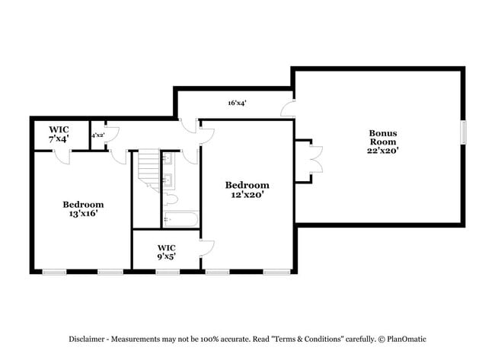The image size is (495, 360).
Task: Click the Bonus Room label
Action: pos(382,142)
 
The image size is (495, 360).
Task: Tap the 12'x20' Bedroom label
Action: pos(247,190)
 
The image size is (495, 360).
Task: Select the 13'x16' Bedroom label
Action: pos(83,209)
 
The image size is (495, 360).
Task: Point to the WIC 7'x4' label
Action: pos(59,134)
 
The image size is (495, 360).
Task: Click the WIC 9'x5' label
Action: pos(167,252)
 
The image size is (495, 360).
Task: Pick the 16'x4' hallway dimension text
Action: pos(237,103)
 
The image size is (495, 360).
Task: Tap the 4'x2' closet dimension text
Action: pos(98,135)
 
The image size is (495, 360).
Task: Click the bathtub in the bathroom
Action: pos(180,220)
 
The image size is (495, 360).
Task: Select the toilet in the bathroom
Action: pos(171,199)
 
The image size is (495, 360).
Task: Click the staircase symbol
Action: pos(147,170)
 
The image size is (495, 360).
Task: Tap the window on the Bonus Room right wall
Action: pos(462,131)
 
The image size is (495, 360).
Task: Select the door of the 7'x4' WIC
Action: pos(63,156)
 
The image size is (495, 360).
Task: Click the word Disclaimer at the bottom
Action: pos(81,339)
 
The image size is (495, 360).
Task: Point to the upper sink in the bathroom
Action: pos(168,161)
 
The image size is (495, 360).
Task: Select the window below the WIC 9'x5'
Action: pos(167,272)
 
